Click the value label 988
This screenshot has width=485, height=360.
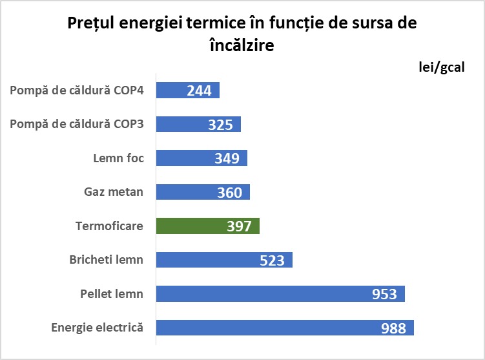(393, 328)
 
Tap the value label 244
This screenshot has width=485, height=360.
(199, 90)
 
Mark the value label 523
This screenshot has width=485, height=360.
(272, 260)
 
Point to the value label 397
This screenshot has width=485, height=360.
(239, 226)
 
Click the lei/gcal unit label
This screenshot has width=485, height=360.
(442, 68)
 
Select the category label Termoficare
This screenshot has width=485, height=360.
(109, 226)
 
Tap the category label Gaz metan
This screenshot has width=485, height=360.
(114, 192)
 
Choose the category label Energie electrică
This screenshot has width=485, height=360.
(97, 328)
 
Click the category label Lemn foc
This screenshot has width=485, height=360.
(118, 158)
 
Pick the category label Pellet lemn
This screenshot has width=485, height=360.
(107, 294)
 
